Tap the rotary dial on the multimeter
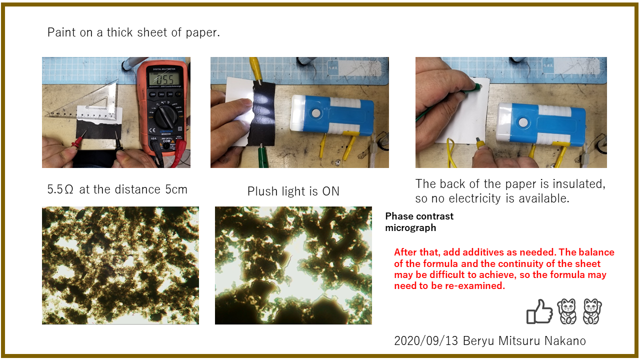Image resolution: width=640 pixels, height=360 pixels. point(165,116)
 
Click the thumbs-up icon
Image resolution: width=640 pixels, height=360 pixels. point(539,311)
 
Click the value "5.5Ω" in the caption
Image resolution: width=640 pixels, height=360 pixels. point(60,189)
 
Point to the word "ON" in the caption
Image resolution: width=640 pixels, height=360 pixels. point(331,191)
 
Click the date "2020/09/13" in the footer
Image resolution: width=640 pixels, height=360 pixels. point(426,341)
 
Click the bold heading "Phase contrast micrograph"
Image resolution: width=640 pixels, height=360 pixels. point(419,222)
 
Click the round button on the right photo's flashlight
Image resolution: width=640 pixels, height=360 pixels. point(523,123)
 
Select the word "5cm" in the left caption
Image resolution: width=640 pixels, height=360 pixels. point(176,189)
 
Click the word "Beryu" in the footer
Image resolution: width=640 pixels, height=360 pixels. point(478,341)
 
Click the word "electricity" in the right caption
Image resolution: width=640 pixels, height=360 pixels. point(475,198)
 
